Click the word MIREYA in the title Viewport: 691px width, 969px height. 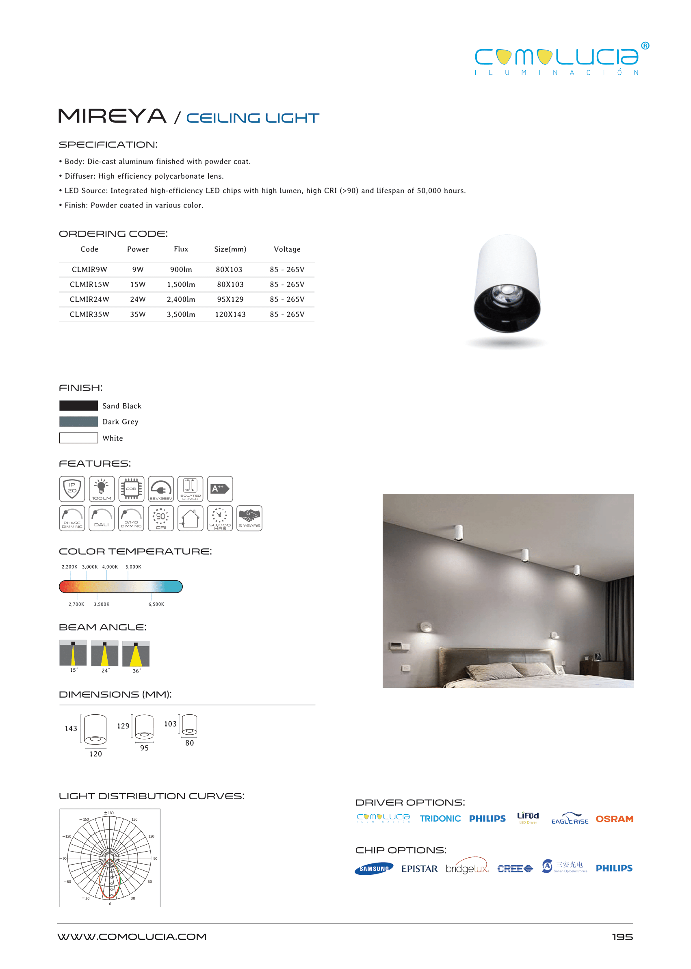click(x=112, y=116)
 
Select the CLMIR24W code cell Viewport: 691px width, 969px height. click(x=89, y=299)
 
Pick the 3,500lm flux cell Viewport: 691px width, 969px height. click(x=181, y=314)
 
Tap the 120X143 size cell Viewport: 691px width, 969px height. click(x=230, y=314)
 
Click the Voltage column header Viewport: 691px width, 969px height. click(x=287, y=249)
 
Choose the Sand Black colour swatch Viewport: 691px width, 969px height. click(x=79, y=405)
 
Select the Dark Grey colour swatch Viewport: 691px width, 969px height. click(x=79, y=422)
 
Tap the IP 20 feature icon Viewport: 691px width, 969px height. click(x=72, y=489)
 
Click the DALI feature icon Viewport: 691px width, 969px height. click(x=102, y=518)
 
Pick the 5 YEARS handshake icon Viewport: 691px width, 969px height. click(x=249, y=518)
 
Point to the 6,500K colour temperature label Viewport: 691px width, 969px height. click(x=156, y=604)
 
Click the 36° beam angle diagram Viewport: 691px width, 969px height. click(x=136, y=654)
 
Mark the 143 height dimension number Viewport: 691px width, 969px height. click(x=71, y=729)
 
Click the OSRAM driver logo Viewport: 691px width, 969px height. click(x=614, y=819)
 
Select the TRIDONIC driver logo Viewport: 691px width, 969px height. click(x=440, y=819)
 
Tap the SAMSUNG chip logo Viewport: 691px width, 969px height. click(x=374, y=869)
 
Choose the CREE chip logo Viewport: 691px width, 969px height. click(x=515, y=869)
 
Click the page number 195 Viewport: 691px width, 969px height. click(x=622, y=937)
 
